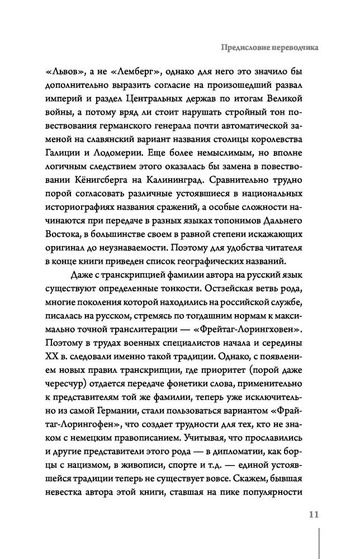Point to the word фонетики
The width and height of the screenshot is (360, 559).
click(222, 371)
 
